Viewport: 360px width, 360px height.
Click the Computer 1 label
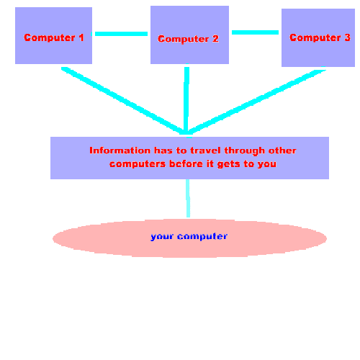[54, 37]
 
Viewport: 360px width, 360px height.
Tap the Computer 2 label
[188, 39]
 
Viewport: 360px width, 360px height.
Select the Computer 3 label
[320, 37]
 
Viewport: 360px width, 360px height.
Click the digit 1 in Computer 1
[81, 37]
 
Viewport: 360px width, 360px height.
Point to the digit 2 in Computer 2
[215, 39]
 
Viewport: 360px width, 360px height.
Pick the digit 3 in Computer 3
[348, 37]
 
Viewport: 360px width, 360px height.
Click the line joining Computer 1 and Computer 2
[121, 34]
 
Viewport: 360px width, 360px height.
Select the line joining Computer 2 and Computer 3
[255, 32]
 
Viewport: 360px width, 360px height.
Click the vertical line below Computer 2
[186, 101]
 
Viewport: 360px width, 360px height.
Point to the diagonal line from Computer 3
[257, 102]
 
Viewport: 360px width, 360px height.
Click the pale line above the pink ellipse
[188, 198]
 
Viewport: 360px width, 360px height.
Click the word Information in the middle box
[120, 150]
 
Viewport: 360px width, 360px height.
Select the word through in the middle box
[245, 151]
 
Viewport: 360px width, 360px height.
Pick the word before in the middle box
[186, 163]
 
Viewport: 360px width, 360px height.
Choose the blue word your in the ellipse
[162, 237]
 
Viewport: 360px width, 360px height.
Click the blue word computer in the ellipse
[202, 237]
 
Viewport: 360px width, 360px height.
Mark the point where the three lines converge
[186, 134]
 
